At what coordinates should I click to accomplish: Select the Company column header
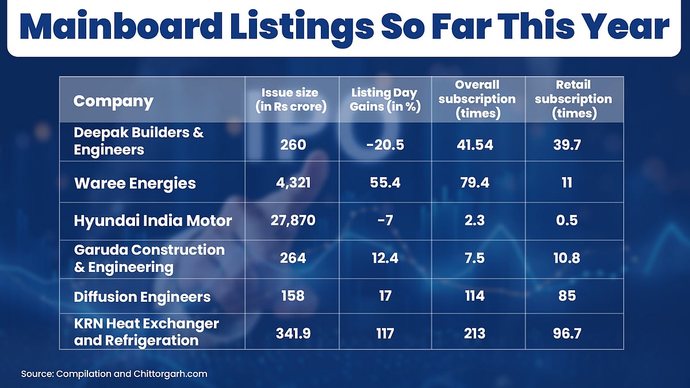pyautogui.click(x=113, y=102)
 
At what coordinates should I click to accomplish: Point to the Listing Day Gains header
pyautogui.click(x=385, y=99)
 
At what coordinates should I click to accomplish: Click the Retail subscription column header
pyautogui.click(x=573, y=99)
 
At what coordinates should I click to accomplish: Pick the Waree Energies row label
pyautogui.click(x=135, y=183)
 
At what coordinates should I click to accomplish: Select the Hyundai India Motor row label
pyautogui.click(x=153, y=220)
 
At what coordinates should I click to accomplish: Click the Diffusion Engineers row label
pyautogui.click(x=142, y=297)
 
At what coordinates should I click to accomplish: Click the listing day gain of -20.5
pyautogui.click(x=385, y=144)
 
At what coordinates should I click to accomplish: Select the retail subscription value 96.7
pyautogui.click(x=573, y=333)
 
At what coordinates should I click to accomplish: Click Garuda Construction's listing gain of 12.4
pyautogui.click(x=385, y=258)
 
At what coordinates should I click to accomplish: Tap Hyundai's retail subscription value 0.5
pyautogui.click(x=573, y=220)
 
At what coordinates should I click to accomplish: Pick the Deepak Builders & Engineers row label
pyautogui.click(x=139, y=141)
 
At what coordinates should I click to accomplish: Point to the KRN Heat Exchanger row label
pyautogui.click(x=146, y=332)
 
